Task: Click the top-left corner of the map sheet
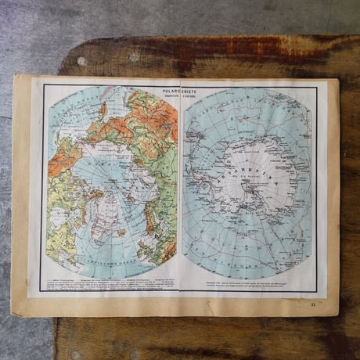15,76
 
